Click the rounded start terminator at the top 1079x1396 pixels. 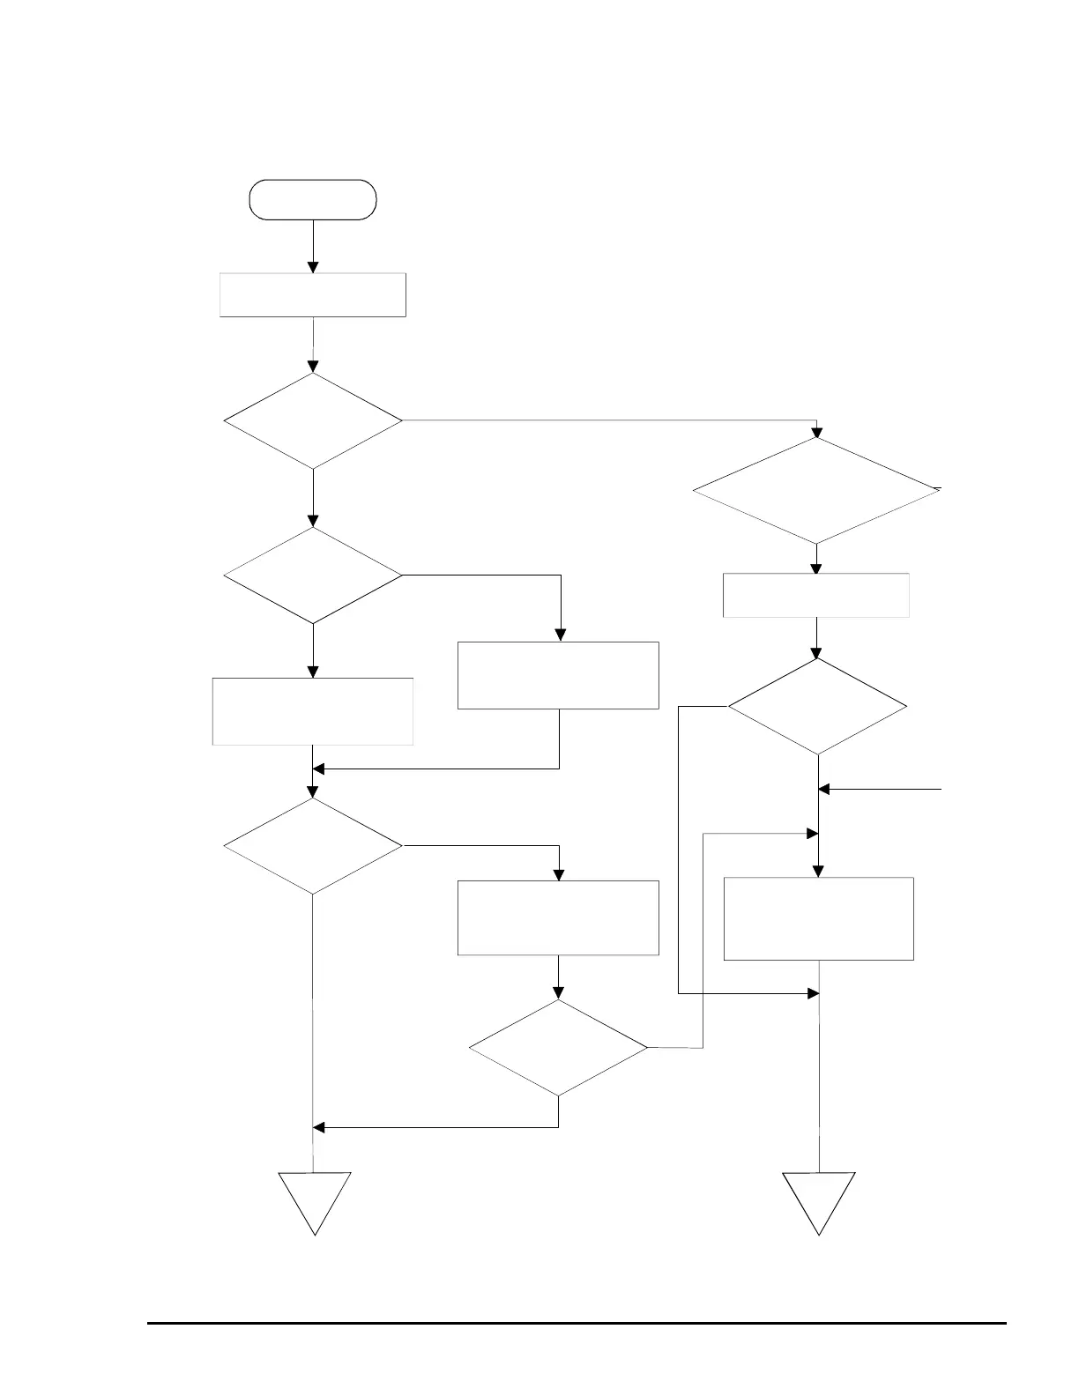tap(313, 199)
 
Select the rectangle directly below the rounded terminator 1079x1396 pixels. tap(312, 294)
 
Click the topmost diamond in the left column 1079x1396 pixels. tap(313, 420)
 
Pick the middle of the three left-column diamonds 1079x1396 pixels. tap(313, 575)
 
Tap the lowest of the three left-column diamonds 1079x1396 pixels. tap(313, 846)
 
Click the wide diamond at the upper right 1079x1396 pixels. tap(816, 490)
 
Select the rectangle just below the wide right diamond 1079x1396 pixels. tap(816, 595)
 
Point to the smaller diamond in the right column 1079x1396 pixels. tap(817, 707)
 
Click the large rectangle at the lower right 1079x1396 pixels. tap(818, 918)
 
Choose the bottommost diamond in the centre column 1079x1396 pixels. tap(559, 1047)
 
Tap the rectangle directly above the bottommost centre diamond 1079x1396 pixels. tap(558, 917)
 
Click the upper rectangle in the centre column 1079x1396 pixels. tap(558, 675)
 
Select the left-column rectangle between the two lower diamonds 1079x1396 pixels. tap(313, 711)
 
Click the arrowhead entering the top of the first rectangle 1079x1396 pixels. tap(313, 267)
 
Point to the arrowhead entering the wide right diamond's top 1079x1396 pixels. tap(816, 432)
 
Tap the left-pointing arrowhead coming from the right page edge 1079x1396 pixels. tap(824, 790)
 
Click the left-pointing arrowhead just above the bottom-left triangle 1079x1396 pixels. tap(320, 1127)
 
